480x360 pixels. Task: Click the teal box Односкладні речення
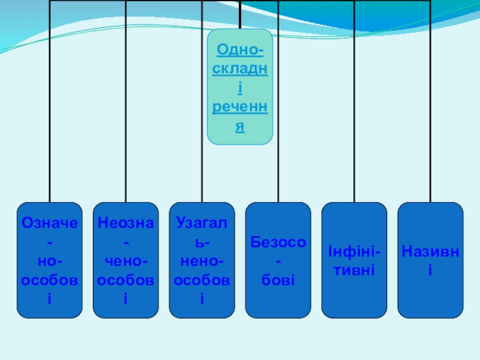[x=240, y=87]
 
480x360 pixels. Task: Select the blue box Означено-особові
[x=50, y=260]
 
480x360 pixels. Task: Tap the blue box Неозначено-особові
[x=126, y=260]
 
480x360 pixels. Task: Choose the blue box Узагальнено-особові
[x=202, y=260]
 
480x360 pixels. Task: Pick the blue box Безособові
[x=278, y=260]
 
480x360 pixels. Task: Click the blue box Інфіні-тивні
[x=355, y=260]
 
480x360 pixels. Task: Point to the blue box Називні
[x=431, y=260]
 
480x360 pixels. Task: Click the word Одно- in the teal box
[x=240, y=49]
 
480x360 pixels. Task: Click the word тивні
[x=355, y=269]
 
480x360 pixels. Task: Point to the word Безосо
[x=278, y=242]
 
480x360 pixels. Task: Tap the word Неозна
[x=126, y=223]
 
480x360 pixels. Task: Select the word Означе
[x=50, y=223]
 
